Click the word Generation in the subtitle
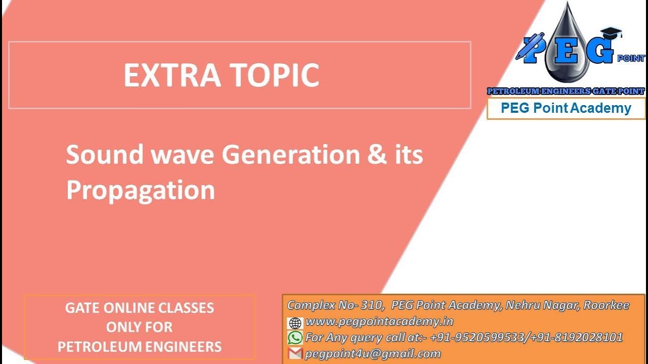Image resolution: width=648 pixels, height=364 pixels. pyautogui.click(x=291, y=155)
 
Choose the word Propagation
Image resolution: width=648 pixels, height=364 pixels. pyautogui.click(x=141, y=191)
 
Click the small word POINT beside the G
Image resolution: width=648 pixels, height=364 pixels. pyautogui.click(x=631, y=58)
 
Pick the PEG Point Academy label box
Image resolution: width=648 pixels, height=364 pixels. pyautogui.click(x=566, y=108)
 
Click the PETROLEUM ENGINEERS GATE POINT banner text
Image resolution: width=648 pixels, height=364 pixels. pyautogui.click(x=565, y=91)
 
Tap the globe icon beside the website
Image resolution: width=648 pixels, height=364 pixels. pyautogui.click(x=295, y=323)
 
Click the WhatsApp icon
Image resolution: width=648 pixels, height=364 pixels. pyautogui.click(x=295, y=338)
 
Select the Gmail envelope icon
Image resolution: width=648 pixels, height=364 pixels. pyautogui.click(x=295, y=353)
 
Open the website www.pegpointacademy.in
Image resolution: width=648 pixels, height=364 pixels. pyautogui.click(x=379, y=321)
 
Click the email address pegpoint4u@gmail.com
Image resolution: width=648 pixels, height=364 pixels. pyautogui.click(x=373, y=353)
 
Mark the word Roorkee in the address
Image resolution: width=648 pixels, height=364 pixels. pyautogui.click(x=606, y=305)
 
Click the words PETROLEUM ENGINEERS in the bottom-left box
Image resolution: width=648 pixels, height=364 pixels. pyautogui.click(x=140, y=347)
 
